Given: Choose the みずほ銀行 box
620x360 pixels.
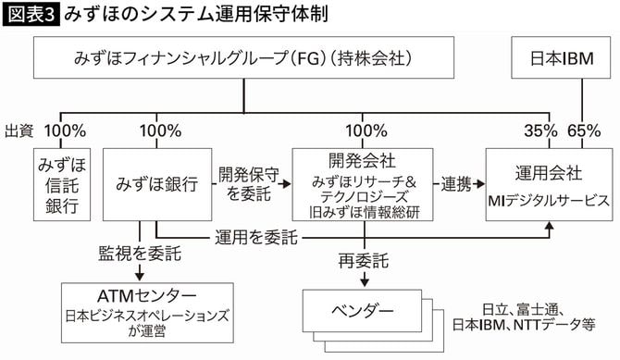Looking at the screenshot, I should pos(157,184).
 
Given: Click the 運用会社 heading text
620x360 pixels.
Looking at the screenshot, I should pos(548,172).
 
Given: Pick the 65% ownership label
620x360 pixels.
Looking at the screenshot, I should pos(583,130).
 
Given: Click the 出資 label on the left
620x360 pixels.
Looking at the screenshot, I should pos(19,130).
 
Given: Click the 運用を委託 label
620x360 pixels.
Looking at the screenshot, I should pos(255,238).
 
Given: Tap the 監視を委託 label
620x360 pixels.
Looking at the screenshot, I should pos(139,253).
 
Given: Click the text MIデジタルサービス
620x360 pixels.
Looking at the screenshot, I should pos(549,199).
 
